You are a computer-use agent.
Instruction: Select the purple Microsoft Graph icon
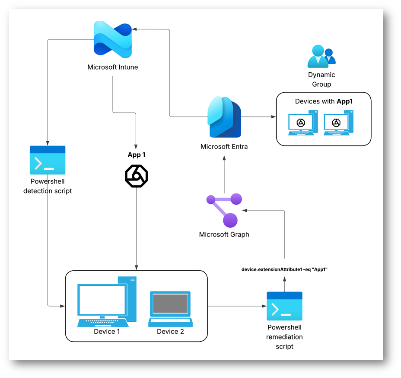click(x=224, y=211)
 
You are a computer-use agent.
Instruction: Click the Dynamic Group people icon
click(x=321, y=56)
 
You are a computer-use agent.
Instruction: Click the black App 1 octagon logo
click(x=137, y=175)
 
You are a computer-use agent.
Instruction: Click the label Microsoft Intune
click(x=113, y=67)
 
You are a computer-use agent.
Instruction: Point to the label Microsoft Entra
click(x=224, y=147)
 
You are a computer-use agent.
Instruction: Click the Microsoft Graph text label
click(x=224, y=235)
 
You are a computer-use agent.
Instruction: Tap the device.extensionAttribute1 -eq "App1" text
click(x=284, y=269)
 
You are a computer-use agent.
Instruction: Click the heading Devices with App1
click(x=323, y=101)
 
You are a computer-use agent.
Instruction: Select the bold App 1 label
click(x=137, y=155)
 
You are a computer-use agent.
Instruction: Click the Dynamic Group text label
click(x=321, y=80)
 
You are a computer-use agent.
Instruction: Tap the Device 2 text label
click(x=170, y=332)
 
